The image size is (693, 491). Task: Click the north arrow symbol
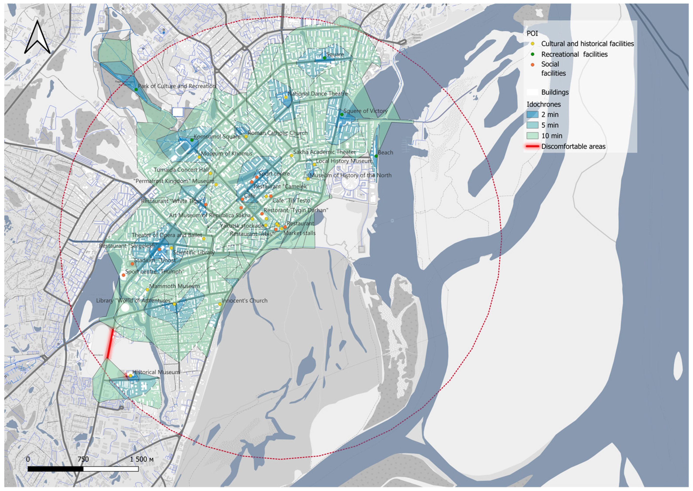[37, 38]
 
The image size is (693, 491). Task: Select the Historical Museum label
[156, 372]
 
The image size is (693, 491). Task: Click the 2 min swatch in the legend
[532, 115]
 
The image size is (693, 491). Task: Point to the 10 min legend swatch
[532, 136]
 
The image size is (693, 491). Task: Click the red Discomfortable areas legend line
[532, 146]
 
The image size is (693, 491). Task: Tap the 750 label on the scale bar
[83, 459]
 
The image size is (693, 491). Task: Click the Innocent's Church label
[245, 301]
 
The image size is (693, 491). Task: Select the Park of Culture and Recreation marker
[136, 89]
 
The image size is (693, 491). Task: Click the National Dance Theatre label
[317, 94]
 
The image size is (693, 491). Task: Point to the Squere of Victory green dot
[342, 114]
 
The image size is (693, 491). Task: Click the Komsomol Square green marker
[192, 140]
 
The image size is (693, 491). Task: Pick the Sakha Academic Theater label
[324, 152]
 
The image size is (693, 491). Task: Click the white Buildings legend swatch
[532, 92]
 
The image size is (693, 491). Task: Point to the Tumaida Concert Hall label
[181, 170]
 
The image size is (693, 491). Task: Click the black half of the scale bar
[55, 469]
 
